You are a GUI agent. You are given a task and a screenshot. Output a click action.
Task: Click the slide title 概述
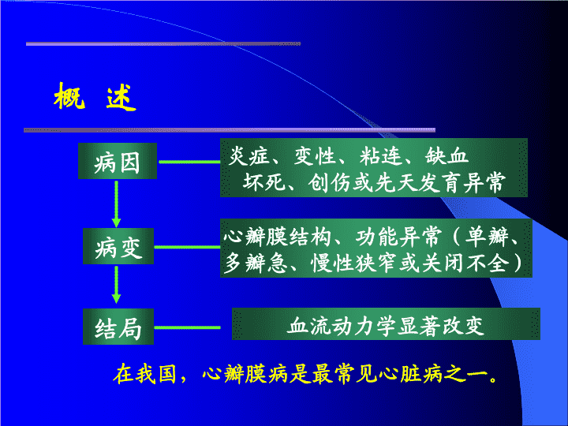click(x=95, y=97)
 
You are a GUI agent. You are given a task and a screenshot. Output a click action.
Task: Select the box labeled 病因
click(x=118, y=161)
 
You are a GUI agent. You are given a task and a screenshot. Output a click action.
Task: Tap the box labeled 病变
click(x=118, y=246)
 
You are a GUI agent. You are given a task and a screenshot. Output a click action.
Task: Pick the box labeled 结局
click(x=118, y=327)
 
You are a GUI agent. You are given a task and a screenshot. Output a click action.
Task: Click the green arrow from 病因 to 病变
click(x=116, y=204)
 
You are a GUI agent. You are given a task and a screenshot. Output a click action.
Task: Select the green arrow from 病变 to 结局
click(x=116, y=284)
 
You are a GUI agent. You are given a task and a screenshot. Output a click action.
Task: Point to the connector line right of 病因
click(x=189, y=162)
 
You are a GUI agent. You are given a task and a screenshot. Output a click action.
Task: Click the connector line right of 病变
click(x=187, y=247)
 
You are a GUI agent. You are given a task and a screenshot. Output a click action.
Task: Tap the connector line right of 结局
click(x=187, y=327)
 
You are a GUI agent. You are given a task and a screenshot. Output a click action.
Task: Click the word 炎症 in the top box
click(x=249, y=156)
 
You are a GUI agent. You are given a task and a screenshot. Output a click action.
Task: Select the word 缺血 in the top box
click(x=447, y=156)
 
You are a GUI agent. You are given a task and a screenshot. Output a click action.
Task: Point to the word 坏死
click(x=264, y=182)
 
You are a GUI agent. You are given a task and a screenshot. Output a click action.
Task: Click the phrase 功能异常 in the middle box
click(x=398, y=237)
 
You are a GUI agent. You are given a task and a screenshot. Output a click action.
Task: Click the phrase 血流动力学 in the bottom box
click(x=342, y=326)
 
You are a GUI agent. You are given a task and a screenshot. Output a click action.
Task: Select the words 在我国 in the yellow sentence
click(x=144, y=374)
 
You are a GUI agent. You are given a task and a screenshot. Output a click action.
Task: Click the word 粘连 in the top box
click(x=381, y=156)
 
